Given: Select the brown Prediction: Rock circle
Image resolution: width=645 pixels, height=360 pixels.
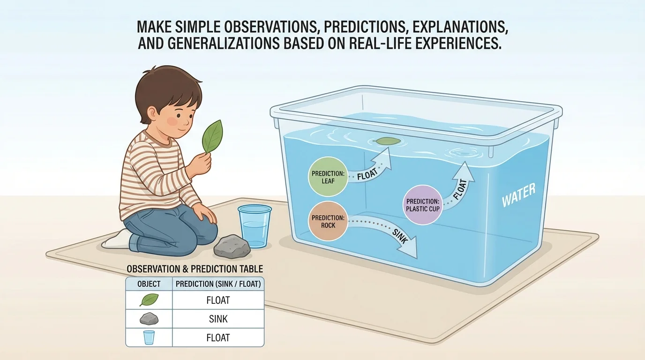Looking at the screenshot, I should point(328,221).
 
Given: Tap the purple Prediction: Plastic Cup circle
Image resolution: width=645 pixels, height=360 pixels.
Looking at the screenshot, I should point(422,205).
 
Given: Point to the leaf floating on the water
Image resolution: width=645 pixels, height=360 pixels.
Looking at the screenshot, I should point(387,140).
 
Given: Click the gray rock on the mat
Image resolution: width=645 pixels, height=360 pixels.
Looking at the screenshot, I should point(232,246).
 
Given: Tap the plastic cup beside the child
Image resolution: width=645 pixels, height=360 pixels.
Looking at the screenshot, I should point(255,225).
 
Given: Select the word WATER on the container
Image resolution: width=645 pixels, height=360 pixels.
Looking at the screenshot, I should point(518,195).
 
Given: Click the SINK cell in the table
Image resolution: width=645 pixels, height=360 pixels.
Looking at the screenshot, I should point(218,319).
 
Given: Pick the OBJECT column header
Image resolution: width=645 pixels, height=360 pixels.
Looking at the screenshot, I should point(149,284).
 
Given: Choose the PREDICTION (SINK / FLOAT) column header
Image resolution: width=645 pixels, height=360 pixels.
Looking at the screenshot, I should point(218,284).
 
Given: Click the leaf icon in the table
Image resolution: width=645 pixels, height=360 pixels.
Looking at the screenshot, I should point(149,300).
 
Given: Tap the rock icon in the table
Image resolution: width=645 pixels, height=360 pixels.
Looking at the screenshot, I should point(149,319).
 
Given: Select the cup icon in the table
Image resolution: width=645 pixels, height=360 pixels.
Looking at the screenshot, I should point(149,337).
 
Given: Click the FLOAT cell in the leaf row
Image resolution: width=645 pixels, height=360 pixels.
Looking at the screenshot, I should point(218,300).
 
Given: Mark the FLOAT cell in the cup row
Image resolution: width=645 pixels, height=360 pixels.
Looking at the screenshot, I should point(218,337).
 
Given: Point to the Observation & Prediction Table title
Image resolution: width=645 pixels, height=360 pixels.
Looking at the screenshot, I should point(195,269).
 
